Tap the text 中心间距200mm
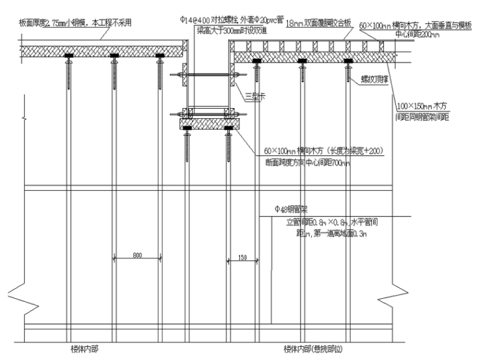pos(418,35)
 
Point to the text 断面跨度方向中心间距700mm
pos(309,162)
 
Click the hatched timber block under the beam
pos(207,123)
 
